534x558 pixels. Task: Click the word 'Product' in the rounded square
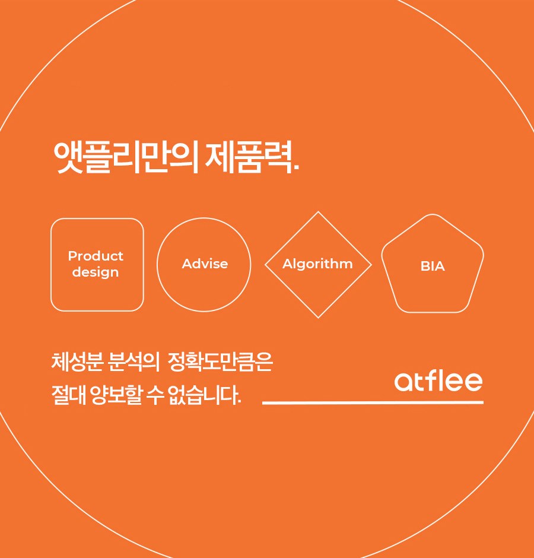point(96,256)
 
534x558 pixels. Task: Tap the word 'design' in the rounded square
point(96,272)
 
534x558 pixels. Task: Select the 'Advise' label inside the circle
point(205,264)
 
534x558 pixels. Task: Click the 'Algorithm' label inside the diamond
point(317,264)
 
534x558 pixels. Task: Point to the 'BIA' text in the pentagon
point(433,266)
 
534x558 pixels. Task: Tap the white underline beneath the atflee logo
point(373,402)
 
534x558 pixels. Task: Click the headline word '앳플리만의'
point(126,157)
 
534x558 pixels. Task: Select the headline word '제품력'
point(249,157)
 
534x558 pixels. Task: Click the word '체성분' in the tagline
point(78,362)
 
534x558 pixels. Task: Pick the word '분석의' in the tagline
point(133,362)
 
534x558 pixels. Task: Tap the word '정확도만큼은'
point(220,362)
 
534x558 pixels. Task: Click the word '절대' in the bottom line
point(69,395)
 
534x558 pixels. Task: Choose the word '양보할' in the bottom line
point(116,395)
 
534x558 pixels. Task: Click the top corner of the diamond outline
point(318,212)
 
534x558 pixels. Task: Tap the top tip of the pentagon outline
point(433,214)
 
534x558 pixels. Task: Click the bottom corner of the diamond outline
point(318,318)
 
